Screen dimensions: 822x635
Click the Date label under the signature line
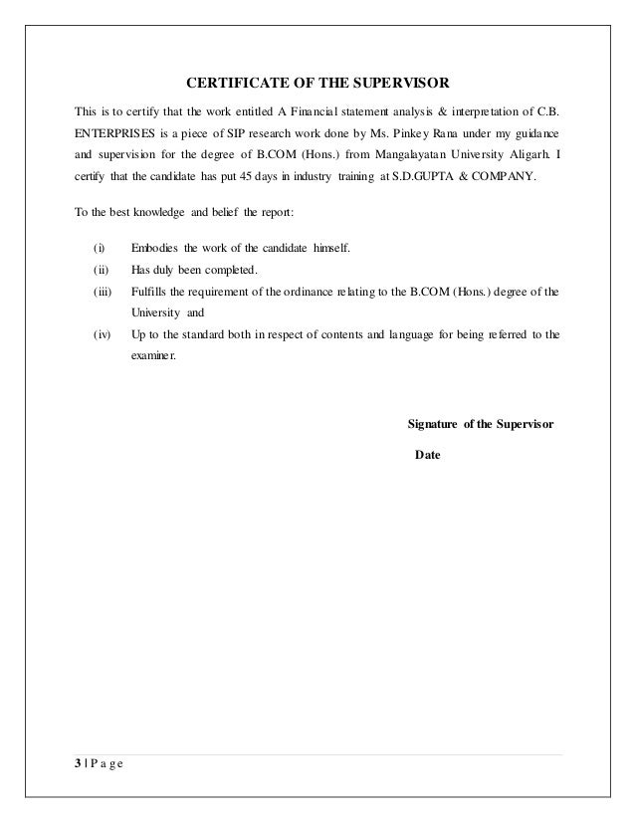(x=427, y=456)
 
